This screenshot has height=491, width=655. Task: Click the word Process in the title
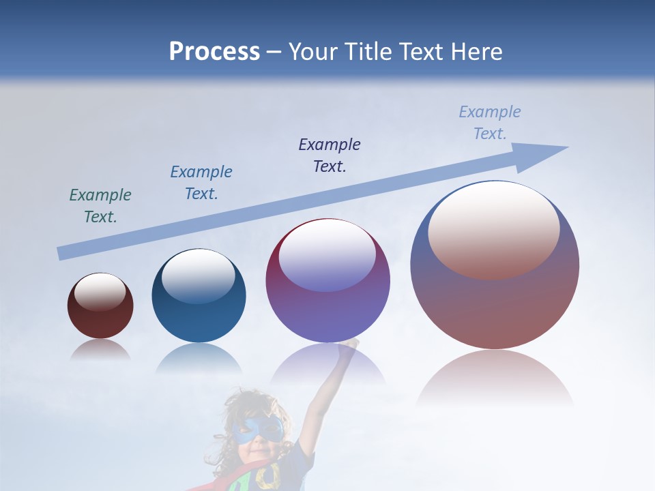pyautogui.click(x=214, y=51)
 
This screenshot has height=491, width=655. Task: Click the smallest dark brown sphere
pyautogui.click(x=100, y=306)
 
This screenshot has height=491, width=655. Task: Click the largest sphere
pyautogui.click(x=495, y=266)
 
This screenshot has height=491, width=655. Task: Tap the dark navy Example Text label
pyautogui.click(x=330, y=155)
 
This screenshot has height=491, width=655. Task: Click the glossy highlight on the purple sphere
pyautogui.click(x=327, y=254)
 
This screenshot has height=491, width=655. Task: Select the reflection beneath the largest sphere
pyautogui.click(x=495, y=378)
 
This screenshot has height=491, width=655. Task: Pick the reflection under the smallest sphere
pyautogui.click(x=100, y=350)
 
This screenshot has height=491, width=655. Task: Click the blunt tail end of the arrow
pyautogui.click(x=60, y=254)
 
